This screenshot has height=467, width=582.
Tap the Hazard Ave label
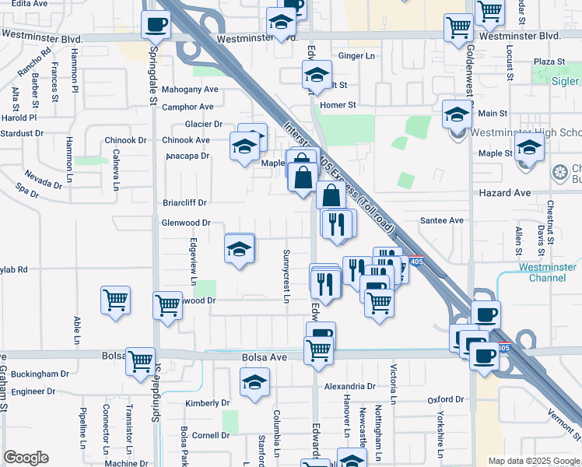click(x=510, y=192)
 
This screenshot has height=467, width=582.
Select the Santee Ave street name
click(x=441, y=221)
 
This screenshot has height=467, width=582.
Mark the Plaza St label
click(x=549, y=61)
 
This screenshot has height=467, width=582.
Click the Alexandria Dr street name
click(x=349, y=386)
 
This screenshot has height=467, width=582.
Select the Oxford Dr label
click(x=446, y=400)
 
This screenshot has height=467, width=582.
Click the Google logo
click(x=26, y=458)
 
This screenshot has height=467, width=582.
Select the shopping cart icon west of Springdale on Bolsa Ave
click(x=140, y=360)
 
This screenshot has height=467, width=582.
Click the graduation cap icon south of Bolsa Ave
click(x=254, y=383)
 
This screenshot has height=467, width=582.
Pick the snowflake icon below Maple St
click(x=559, y=172)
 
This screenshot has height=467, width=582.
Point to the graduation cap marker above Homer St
click(x=317, y=75)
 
